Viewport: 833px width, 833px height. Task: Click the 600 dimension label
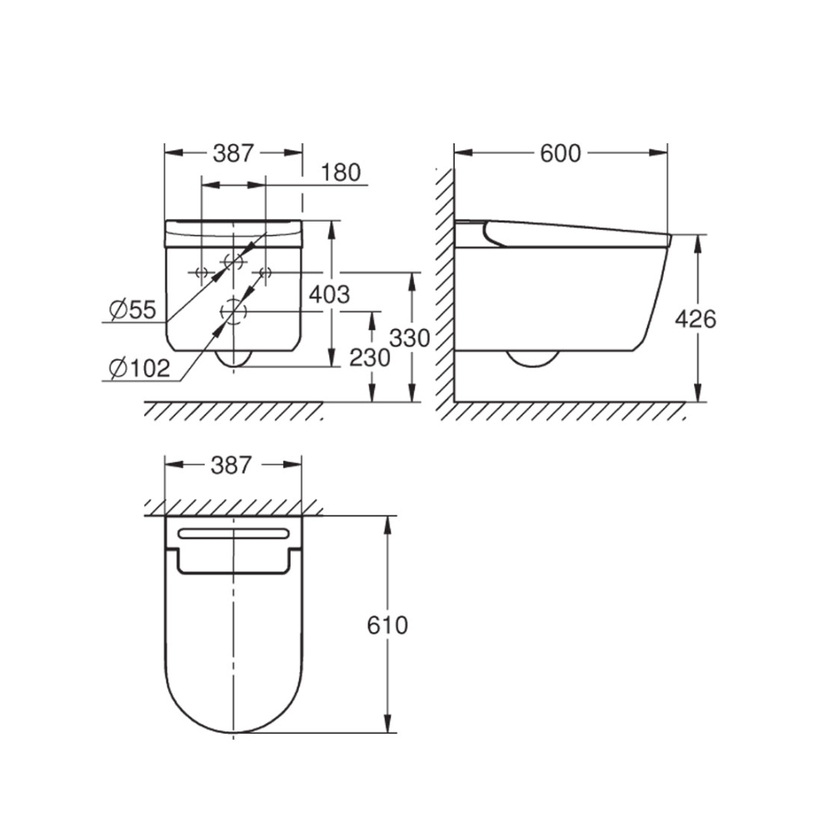[561, 153]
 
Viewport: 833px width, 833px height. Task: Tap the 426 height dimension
[696, 319]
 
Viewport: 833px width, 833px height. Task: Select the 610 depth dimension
[387, 626]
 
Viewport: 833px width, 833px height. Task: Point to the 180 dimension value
[341, 172]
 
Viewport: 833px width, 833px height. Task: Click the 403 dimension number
[330, 294]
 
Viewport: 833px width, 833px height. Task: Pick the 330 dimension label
[410, 338]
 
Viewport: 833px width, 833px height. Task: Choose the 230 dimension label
[370, 358]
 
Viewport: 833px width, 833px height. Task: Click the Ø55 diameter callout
[132, 310]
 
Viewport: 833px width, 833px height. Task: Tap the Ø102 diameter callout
[139, 368]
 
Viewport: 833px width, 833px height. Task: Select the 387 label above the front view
[233, 153]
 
